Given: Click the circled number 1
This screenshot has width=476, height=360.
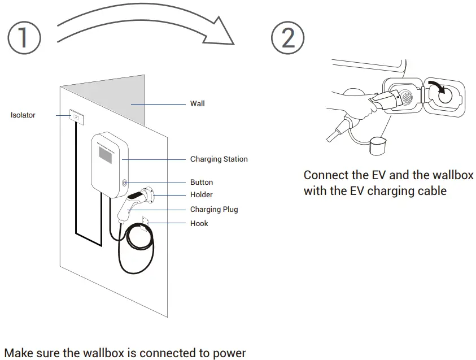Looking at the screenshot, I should point(24,37).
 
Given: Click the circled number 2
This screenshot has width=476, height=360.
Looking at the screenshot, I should point(287,37).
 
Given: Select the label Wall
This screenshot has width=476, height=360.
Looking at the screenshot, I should point(197,104).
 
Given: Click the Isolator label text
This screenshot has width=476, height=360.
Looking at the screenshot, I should point(23,115).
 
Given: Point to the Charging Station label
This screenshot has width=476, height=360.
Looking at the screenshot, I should point(219,159).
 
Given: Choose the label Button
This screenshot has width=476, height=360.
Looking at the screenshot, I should point(201,183).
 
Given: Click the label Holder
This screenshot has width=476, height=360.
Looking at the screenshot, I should point(201,195).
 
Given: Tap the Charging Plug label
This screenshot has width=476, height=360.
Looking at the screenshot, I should point(213,210).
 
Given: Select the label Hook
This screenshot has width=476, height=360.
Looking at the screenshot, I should point(199,224).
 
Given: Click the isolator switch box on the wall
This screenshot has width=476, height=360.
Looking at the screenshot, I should point(76,116).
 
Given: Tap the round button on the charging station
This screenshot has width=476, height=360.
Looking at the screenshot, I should point(124,183).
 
